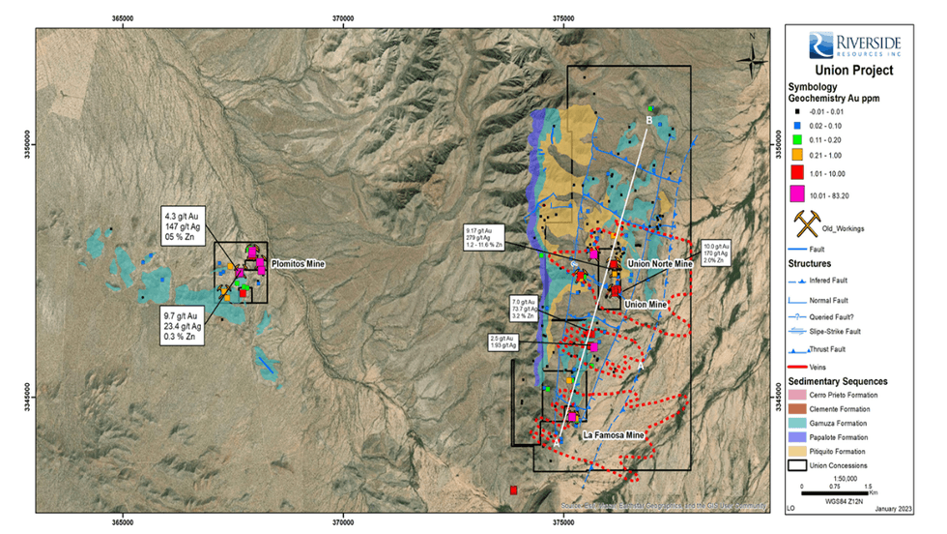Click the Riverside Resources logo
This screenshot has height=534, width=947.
[855, 44]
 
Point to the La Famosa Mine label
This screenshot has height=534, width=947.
[613, 436]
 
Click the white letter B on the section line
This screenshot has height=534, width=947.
[649, 121]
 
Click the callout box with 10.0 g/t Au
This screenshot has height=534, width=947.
[717, 252]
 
